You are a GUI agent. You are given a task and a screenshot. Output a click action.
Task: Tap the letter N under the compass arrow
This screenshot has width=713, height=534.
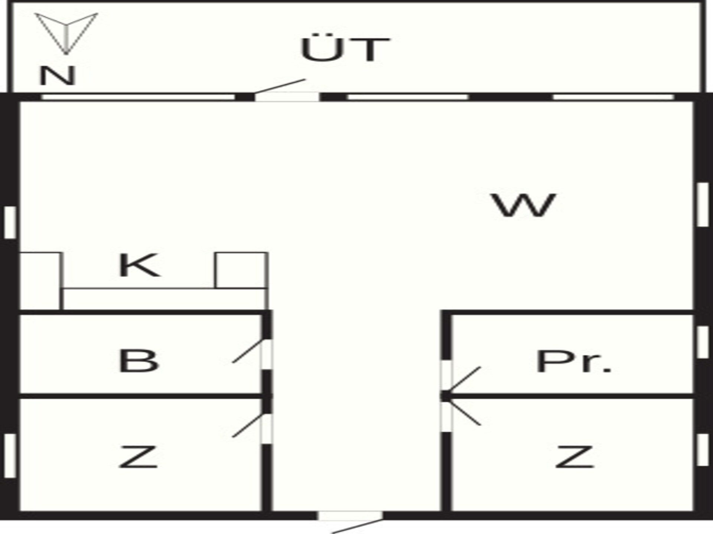coord(58,76)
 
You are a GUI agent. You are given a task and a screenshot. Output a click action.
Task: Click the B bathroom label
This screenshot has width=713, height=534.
coord(139,361)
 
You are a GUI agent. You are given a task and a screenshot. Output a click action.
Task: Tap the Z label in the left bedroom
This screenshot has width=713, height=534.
coord(138,457)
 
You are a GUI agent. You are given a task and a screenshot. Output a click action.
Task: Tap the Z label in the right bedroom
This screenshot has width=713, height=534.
coord(574,457)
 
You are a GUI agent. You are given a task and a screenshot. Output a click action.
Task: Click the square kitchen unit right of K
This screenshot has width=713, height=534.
coord(241,270)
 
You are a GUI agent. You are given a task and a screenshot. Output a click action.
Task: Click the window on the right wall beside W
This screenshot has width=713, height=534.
coord(703,205)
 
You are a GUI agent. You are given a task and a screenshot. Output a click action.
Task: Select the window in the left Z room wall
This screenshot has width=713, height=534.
coord(10,456)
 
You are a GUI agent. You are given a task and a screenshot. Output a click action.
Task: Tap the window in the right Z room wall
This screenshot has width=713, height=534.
coord(703,450)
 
